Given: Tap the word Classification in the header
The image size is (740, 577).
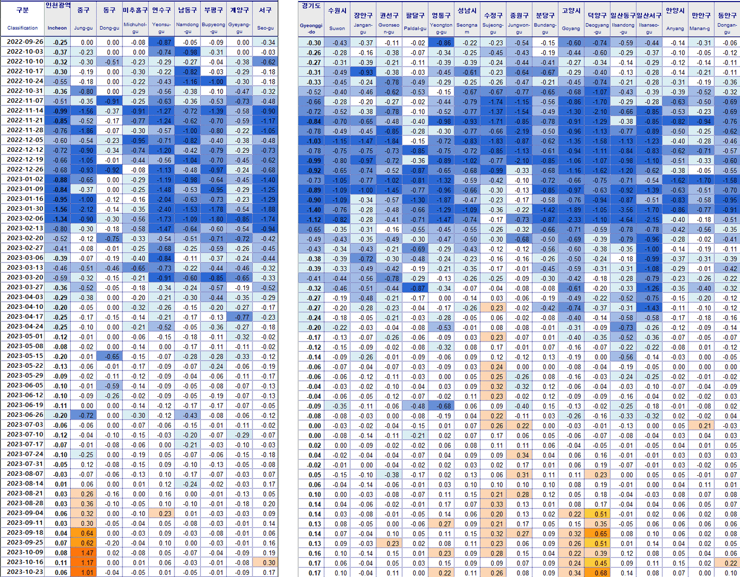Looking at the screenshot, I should coord(22,28).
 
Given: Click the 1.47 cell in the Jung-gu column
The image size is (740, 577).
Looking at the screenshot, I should coord(84,553).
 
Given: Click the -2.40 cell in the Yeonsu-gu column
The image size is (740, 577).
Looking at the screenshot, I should coord(162,209).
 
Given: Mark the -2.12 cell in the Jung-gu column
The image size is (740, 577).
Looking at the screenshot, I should coord(84,209).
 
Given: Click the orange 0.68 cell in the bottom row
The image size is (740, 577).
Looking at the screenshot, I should coord(597,572).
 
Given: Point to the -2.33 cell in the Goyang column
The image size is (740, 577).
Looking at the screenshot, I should coord(571,219).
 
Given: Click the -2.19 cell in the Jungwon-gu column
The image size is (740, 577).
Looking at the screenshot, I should coord(519,131).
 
